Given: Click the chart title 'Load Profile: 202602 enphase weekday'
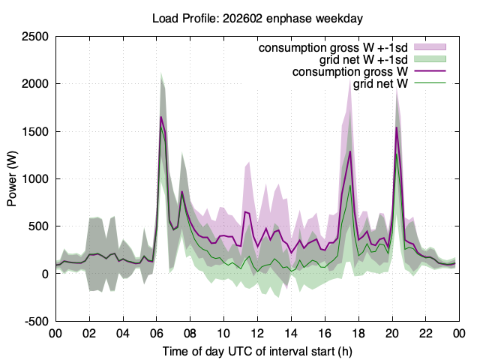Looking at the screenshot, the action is (x=257, y=18).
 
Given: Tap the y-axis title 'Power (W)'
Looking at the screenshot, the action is (x=12, y=178).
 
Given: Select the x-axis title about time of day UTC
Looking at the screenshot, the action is (x=257, y=352).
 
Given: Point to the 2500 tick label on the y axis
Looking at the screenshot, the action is (x=35, y=37).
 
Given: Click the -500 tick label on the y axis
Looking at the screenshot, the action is (x=37, y=322).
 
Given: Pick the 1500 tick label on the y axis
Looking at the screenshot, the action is (x=35, y=131).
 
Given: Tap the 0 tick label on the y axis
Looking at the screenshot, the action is (x=45, y=274).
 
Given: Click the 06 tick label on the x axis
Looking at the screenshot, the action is (x=157, y=333).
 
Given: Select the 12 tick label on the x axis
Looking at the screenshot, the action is (x=257, y=333).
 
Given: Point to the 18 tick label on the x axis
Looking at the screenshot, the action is (x=358, y=333).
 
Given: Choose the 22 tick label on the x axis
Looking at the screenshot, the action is (x=425, y=333).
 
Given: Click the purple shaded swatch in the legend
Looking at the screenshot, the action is (x=430, y=47).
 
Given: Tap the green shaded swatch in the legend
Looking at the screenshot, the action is (x=430, y=59).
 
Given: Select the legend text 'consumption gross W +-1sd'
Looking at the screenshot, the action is (x=333, y=48).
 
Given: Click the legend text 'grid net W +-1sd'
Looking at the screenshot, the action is (x=363, y=60).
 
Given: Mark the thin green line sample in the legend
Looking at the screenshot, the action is (x=430, y=83).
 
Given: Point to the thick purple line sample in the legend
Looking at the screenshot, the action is (x=430, y=71).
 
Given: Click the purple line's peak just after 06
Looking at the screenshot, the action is (x=160, y=117).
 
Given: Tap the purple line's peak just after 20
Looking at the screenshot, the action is (x=397, y=127).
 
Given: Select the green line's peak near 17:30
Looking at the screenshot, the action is (x=350, y=185).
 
